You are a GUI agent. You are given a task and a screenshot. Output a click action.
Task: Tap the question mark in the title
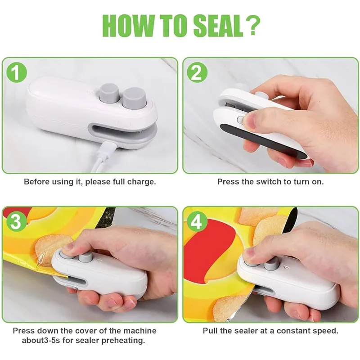coord(251,26)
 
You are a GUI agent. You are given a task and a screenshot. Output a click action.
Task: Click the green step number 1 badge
coord(16,72)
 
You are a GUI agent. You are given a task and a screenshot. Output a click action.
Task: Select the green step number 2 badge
coord(197,72)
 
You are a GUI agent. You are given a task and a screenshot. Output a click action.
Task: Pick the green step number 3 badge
coord(16,222)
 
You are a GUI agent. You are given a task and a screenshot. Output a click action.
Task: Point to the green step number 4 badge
coord(197,222)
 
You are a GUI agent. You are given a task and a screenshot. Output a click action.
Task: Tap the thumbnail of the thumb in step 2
coord(251,121)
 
